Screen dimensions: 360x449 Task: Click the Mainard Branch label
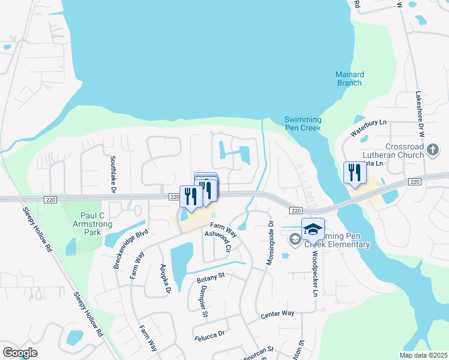349,79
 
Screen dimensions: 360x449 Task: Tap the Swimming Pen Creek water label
303,124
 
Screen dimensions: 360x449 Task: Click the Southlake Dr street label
112,175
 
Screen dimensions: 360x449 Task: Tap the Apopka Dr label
165,280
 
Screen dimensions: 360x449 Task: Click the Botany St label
210,276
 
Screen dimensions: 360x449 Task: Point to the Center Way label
277,314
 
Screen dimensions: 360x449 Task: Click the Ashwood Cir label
218,241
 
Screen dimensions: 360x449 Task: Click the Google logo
20,353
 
